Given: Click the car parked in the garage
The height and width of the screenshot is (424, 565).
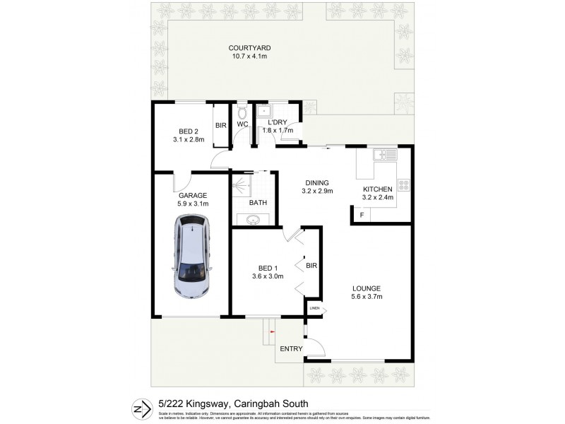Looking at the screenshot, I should (193, 258).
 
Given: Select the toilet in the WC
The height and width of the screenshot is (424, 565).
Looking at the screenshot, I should (242, 113).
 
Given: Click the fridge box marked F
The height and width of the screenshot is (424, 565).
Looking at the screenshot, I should (362, 215).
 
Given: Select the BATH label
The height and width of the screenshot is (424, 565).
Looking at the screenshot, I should (258, 203).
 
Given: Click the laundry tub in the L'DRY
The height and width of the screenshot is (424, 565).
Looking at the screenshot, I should (266, 111).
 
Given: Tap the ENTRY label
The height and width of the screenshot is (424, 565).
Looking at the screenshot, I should (291, 349).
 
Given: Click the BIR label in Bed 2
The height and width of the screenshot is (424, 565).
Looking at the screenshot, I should (220, 125).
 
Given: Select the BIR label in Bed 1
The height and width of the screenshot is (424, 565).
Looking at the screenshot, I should (311, 266).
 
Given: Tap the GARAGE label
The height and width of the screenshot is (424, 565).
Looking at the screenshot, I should (192, 195).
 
